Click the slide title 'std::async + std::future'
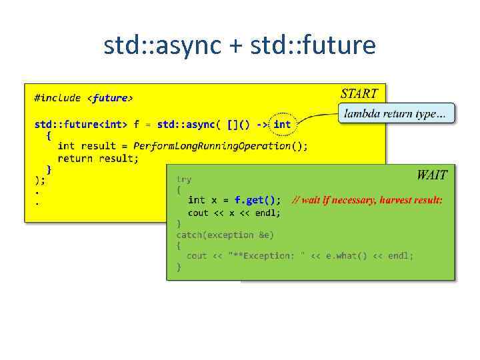pos(239,46)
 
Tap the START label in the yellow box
pos(359,94)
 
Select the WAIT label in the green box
pos(431,175)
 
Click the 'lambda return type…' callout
pos(396,114)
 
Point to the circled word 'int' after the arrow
pos(282,124)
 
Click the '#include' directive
pos(58,98)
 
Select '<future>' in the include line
pos(110,98)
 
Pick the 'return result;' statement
pos(98,158)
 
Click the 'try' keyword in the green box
pos(183,179)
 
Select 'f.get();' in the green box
pos(257,200)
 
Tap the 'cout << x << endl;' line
pos(234,213)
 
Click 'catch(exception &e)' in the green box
pos(225,235)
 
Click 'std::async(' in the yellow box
pos(189,124)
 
